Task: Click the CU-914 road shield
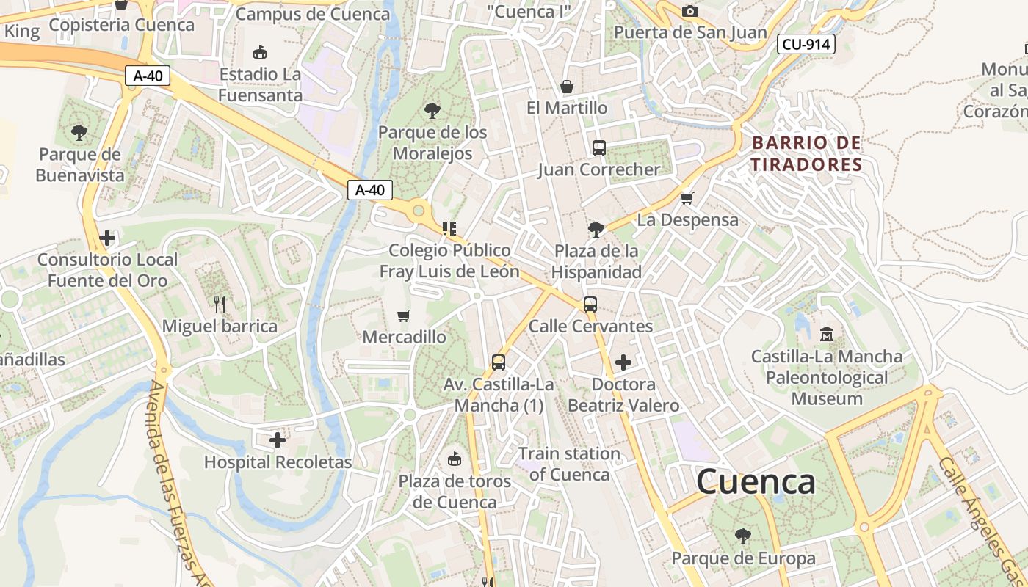point(806,45)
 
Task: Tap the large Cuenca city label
point(756,482)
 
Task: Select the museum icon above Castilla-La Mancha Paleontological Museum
point(827,334)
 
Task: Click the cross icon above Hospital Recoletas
point(278,440)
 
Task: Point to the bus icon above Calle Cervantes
point(590,304)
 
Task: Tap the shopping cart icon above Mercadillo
point(403,316)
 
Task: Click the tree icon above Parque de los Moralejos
point(432,111)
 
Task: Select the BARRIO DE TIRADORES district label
point(806,153)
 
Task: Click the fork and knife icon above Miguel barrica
point(219,304)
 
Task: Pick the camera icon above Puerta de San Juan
point(689,11)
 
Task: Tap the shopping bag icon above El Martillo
point(566,87)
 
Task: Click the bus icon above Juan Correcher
point(599,148)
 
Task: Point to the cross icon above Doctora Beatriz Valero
point(623,362)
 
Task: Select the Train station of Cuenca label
point(569,464)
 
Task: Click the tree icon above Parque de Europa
point(743,536)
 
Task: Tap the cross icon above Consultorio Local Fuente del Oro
point(107,238)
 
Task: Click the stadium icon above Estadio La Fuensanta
point(259,53)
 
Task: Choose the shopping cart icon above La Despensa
point(687,198)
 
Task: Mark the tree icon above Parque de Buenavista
point(79,133)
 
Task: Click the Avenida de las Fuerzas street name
point(173,477)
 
